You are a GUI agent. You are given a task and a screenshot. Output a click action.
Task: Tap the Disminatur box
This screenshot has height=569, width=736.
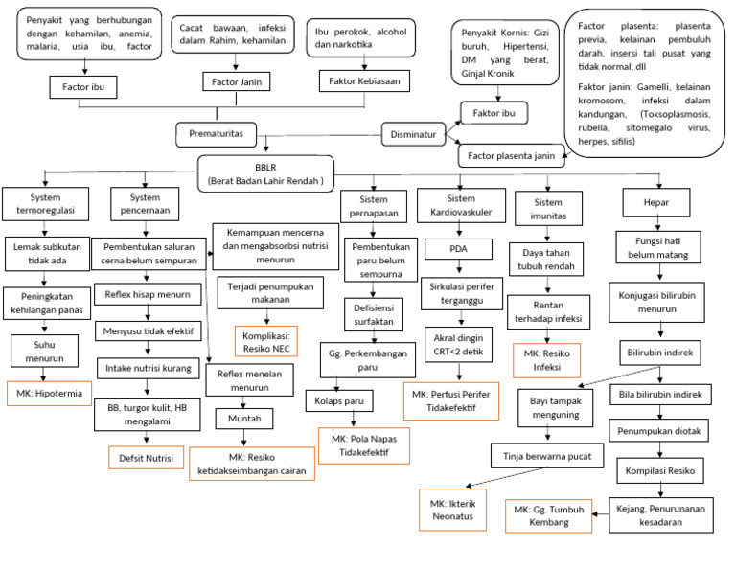[x=415, y=135]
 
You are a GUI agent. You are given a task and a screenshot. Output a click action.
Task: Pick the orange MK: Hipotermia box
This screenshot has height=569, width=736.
[x=44, y=393]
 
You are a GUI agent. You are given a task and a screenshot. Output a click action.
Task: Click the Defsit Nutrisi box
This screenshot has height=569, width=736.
[x=145, y=458]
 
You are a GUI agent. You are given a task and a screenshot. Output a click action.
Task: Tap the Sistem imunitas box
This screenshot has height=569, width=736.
[x=547, y=208]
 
